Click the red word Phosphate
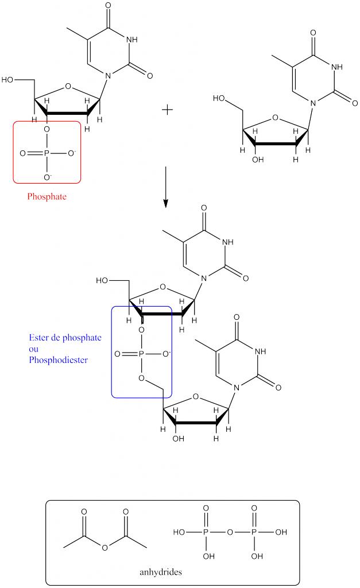tap(47, 196)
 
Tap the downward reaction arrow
tap(165, 187)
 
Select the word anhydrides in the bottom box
tap(160, 572)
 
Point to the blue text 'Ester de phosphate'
tap(65, 338)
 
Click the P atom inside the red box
tap(47, 154)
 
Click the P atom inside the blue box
tap(141, 354)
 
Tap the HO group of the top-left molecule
tap(9, 79)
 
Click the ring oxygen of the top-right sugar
tap(277, 119)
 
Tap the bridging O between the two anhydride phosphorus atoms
tap(230, 532)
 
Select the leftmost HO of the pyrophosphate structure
tap(179, 532)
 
